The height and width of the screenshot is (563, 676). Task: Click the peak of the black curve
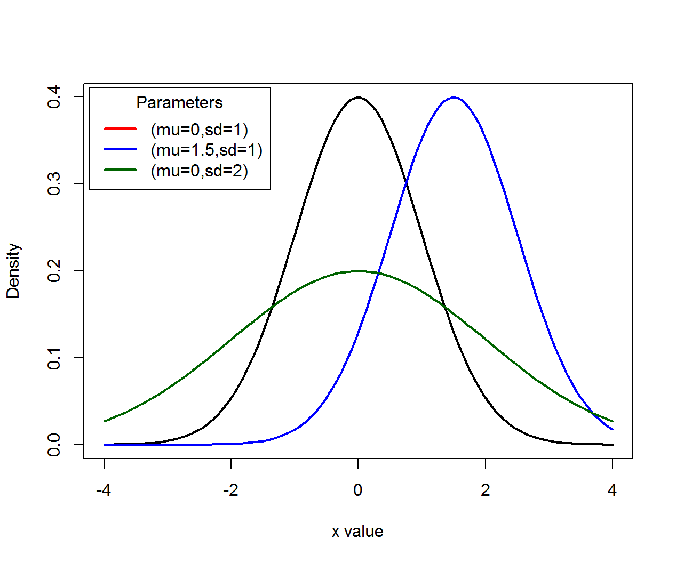pyautogui.click(x=358, y=98)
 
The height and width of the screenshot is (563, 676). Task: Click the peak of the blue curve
pyautogui.click(x=454, y=98)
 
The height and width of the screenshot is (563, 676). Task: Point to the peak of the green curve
pyautogui.click(x=358, y=271)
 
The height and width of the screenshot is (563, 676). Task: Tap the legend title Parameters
pyautogui.click(x=179, y=102)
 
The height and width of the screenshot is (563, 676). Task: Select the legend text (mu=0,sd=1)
pyautogui.click(x=200, y=130)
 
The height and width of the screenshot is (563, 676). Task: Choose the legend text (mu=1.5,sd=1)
pyautogui.click(x=206, y=150)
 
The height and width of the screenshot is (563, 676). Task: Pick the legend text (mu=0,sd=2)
pyautogui.click(x=200, y=171)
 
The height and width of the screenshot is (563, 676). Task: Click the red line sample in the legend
pyautogui.click(x=121, y=128)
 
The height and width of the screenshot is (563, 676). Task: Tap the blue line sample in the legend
pyautogui.click(x=121, y=149)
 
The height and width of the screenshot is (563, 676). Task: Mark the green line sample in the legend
pyautogui.click(x=121, y=170)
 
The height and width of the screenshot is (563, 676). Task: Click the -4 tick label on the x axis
pyautogui.click(x=104, y=490)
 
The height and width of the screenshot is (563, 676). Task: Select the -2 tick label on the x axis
pyautogui.click(x=230, y=490)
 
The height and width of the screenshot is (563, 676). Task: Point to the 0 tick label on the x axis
pyautogui.click(x=358, y=490)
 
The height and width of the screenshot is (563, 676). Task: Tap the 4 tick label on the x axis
pyautogui.click(x=612, y=490)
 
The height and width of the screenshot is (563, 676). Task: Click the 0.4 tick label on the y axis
pyautogui.click(x=54, y=97)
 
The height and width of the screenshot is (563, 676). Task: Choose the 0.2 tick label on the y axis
pyautogui.click(x=54, y=271)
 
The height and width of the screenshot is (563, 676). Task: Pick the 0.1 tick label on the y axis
pyautogui.click(x=54, y=358)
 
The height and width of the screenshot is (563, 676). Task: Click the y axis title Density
pyautogui.click(x=13, y=271)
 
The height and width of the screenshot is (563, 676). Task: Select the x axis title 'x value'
pyautogui.click(x=357, y=532)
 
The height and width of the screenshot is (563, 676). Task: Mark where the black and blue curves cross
pyautogui.click(x=406, y=183)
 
